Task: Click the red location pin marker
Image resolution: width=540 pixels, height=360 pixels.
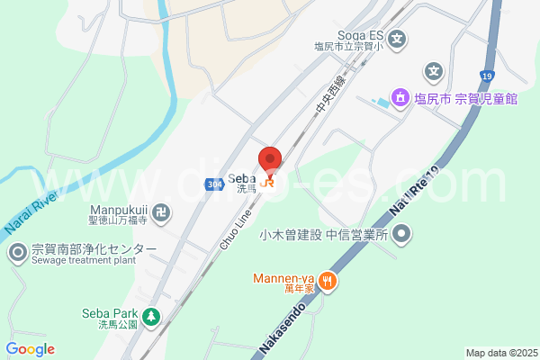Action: tap(270, 161)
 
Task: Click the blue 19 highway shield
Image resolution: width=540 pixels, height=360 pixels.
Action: tap(487, 76)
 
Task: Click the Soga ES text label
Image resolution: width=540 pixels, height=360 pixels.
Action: tap(361, 35)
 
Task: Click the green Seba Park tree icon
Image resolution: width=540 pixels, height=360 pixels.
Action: tap(151, 316)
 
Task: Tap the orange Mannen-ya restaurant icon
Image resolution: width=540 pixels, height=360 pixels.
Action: tap(328, 281)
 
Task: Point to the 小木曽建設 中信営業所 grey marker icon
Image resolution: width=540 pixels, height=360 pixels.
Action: tap(402, 236)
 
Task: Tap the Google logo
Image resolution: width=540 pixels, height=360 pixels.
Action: tap(31, 349)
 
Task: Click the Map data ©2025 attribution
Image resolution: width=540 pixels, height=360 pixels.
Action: tap(500, 353)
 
